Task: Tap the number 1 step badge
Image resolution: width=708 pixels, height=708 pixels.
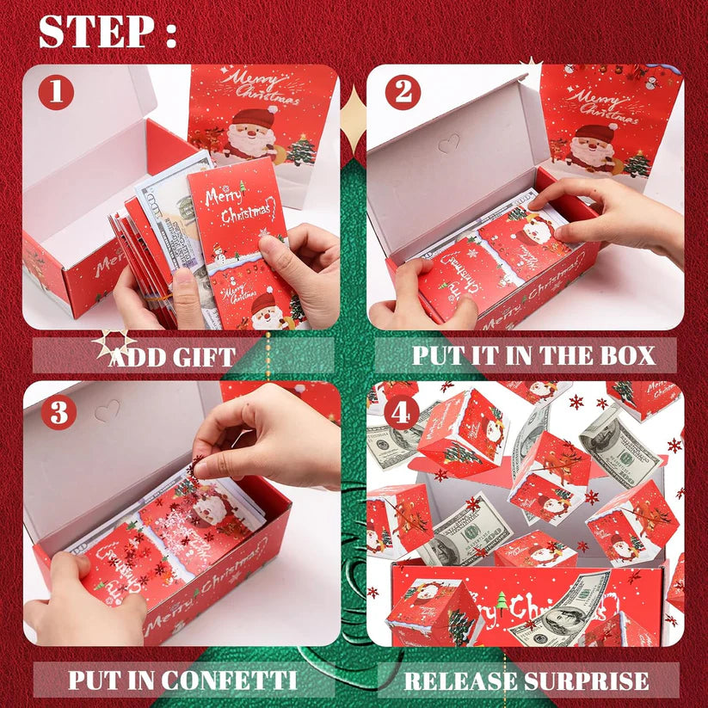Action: tap(56, 92)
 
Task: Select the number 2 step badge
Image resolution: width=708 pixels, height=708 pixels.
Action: tap(402, 92)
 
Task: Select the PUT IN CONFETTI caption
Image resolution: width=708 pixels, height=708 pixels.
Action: tap(183, 680)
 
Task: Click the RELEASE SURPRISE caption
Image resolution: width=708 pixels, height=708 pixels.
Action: tap(527, 681)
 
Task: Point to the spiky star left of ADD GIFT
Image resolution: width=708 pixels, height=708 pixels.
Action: tap(114, 344)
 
